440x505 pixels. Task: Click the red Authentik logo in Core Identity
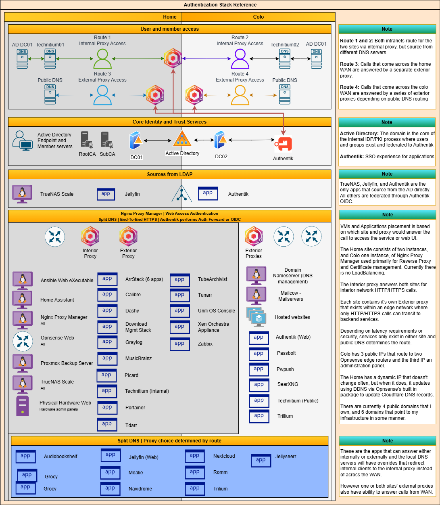click(x=283, y=144)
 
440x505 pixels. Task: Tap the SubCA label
click(x=107, y=154)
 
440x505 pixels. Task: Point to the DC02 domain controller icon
click(x=220, y=140)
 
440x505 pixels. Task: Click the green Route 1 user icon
click(x=102, y=59)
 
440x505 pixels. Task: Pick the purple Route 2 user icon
click(x=240, y=59)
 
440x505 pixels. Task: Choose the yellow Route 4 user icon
click(x=240, y=95)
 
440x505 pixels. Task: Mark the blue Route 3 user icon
click(x=102, y=95)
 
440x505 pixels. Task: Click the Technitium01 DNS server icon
click(x=50, y=59)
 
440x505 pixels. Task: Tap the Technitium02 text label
click(x=285, y=45)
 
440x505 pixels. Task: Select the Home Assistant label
click(x=57, y=300)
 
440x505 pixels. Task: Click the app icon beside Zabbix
click(x=179, y=344)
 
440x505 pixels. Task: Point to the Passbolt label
click(x=286, y=353)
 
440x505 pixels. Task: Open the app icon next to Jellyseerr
click(x=261, y=460)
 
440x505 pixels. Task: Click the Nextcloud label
click(x=224, y=456)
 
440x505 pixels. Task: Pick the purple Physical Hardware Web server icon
click(x=23, y=405)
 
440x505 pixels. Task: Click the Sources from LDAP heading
click(x=169, y=174)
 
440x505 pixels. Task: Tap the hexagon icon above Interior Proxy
click(x=90, y=237)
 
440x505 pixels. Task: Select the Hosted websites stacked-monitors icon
click(x=256, y=317)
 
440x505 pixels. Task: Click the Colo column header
click(x=259, y=17)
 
